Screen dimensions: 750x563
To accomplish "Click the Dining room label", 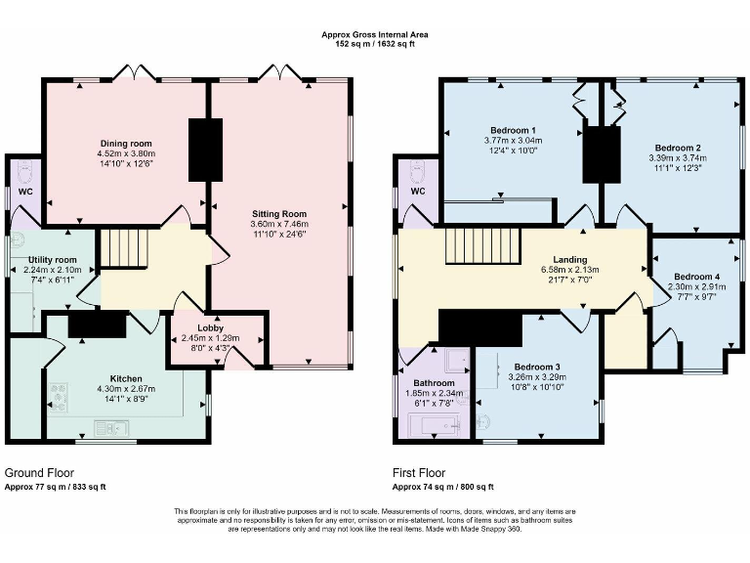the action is (x=126, y=143).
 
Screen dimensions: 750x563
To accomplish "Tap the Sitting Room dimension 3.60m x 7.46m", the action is (x=279, y=224).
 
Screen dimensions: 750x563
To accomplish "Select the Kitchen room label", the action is (x=126, y=378).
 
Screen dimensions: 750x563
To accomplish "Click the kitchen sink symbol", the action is (x=111, y=428).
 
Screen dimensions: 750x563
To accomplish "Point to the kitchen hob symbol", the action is (x=59, y=397).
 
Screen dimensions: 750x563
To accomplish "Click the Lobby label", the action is (x=211, y=328).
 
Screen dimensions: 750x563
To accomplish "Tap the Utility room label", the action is (x=52, y=260).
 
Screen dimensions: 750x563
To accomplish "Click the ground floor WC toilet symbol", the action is (x=24, y=172).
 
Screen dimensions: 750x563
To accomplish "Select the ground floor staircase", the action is (x=124, y=247).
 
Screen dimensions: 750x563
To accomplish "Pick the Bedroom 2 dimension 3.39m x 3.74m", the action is (x=678, y=158).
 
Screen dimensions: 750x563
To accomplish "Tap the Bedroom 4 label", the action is (x=696, y=277).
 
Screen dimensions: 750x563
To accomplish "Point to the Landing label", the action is (x=569, y=259).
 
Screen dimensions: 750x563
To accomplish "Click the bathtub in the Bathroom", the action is (x=435, y=423).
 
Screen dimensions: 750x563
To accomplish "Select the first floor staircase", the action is (x=483, y=246).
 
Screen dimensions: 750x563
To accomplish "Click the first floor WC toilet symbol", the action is (x=418, y=173).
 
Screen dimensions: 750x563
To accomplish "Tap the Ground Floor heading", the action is (x=39, y=473).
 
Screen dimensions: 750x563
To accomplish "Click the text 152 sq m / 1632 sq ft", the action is (x=375, y=44).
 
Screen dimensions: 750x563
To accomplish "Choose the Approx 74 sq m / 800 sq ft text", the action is (x=443, y=487).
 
